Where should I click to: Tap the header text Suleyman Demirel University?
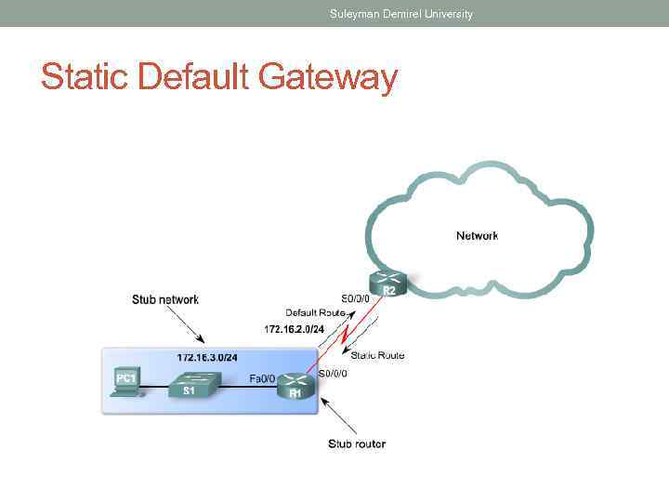(x=401, y=14)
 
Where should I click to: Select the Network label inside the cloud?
(x=477, y=236)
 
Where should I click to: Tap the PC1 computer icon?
(x=125, y=381)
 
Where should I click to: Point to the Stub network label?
(x=164, y=299)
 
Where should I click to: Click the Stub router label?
(x=357, y=443)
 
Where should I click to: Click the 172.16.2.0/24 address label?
(x=295, y=329)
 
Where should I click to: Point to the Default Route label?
(x=315, y=312)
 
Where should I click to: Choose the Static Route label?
(x=377, y=355)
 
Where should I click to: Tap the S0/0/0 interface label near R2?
(x=356, y=298)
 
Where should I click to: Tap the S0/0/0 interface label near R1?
(x=334, y=374)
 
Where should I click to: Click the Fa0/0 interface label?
(x=262, y=378)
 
